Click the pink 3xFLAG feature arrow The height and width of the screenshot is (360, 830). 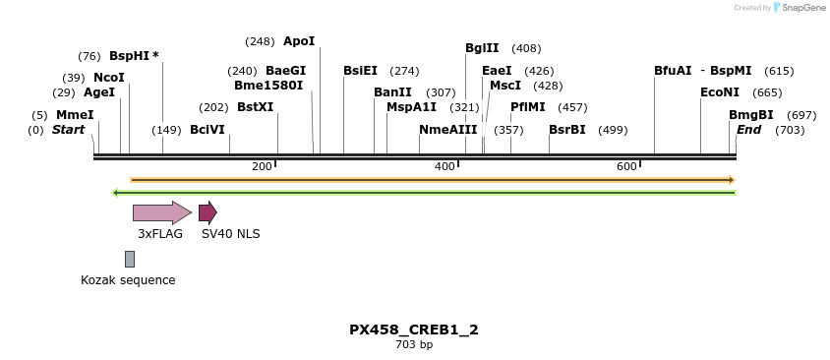[161, 212]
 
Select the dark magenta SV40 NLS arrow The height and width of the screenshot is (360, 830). [207, 212]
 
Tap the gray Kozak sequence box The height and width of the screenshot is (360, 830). [130, 259]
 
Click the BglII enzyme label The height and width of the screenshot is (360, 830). [482, 48]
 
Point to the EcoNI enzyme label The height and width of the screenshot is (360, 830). [719, 92]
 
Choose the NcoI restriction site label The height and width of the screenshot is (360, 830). [109, 78]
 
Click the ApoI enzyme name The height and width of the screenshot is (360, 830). [299, 41]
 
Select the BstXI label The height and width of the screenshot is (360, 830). [255, 107]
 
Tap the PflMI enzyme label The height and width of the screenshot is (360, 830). [527, 107]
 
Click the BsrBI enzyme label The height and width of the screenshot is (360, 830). [566, 130]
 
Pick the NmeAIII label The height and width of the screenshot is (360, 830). [447, 130]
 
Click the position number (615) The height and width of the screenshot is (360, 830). [779, 71]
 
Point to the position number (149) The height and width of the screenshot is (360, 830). [166, 130]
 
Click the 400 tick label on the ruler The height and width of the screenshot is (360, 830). [445, 166]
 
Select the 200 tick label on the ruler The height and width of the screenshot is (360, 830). [262, 166]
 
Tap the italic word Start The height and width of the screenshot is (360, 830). [68, 130]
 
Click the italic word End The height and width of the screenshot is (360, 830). [748, 130]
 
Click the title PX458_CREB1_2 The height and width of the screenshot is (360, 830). [414, 330]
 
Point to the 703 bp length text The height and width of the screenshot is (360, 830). [414, 345]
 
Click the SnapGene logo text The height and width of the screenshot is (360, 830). [802, 8]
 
